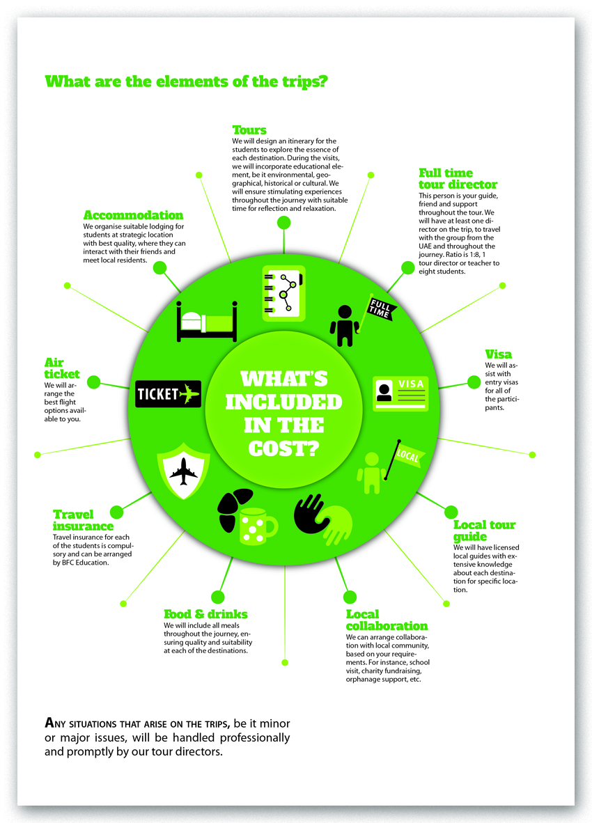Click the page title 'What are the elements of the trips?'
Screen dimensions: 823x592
point(187,81)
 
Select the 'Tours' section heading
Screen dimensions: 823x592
point(249,130)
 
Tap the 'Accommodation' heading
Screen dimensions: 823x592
point(133,215)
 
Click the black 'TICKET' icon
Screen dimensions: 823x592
point(168,394)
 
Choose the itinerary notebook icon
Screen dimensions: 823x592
point(283,292)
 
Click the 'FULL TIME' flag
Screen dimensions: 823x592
point(380,308)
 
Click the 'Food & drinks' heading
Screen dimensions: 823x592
point(205,614)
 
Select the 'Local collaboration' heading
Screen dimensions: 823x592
point(387,620)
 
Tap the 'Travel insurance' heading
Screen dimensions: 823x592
point(83,521)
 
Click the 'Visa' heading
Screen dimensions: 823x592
point(498,354)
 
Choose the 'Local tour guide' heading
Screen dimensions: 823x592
point(484,531)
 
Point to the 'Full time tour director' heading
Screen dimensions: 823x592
point(458,178)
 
